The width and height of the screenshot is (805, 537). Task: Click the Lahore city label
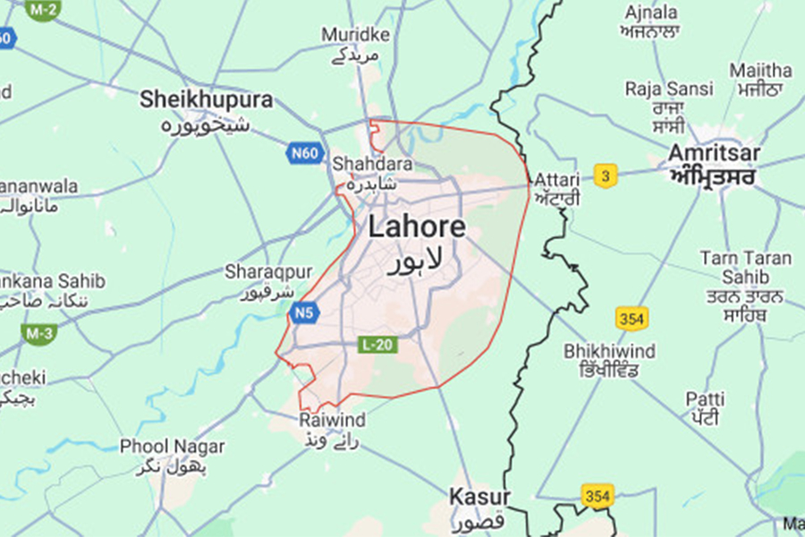coord(417,226)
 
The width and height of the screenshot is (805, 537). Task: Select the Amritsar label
coord(714,154)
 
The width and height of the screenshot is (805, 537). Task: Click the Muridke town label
coord(355,34)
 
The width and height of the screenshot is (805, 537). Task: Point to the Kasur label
coord(479,497)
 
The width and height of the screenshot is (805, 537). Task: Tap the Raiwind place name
coord(333,420)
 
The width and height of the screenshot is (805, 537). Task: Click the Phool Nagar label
coord(172,446)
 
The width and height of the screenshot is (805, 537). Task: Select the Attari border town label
coord(556,178)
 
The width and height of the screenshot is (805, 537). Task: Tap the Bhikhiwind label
coord(609,351)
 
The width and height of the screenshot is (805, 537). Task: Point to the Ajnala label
coord(652,13)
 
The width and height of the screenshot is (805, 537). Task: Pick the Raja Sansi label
coord(669,89)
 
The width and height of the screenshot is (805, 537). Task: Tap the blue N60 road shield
coord(304,153)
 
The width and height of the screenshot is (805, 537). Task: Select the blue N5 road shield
coord(302,313)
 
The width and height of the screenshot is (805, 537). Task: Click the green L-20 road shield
coord(377,345)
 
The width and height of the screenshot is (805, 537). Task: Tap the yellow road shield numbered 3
coord(606,176)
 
